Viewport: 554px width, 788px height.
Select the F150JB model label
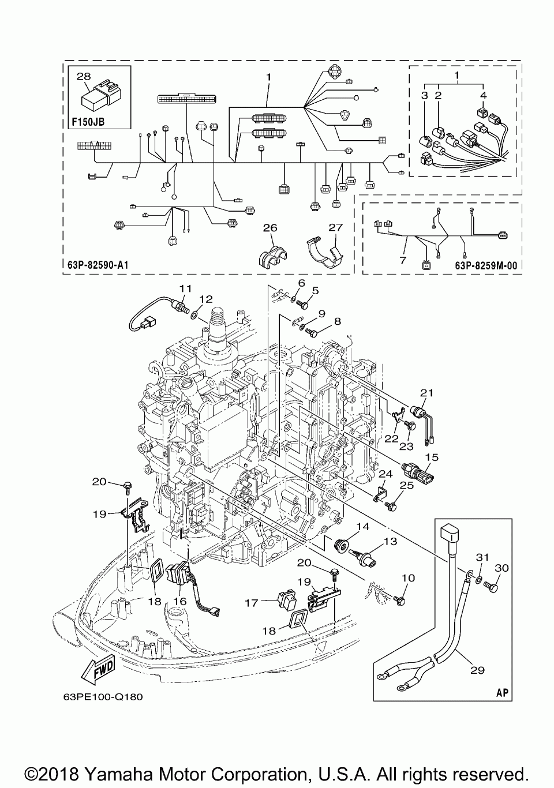tap(88, 122)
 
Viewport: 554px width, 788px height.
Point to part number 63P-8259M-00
tap(486, 265)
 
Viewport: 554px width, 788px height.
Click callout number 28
tap(84, 76)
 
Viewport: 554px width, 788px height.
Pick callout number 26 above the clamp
tap(270, 228)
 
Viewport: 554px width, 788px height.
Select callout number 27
tap(335, 228)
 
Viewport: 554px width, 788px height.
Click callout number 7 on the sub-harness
tap(403, 260)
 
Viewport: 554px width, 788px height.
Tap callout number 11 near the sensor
tap(185, 288)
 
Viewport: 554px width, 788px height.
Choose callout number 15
tap(432, 457)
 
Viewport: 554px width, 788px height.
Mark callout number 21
tap(426, 393)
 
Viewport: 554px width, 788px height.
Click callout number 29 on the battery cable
tap(477, 670)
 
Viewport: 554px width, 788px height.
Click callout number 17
tap(252, 603)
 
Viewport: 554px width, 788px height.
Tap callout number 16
tap(180, 601)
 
